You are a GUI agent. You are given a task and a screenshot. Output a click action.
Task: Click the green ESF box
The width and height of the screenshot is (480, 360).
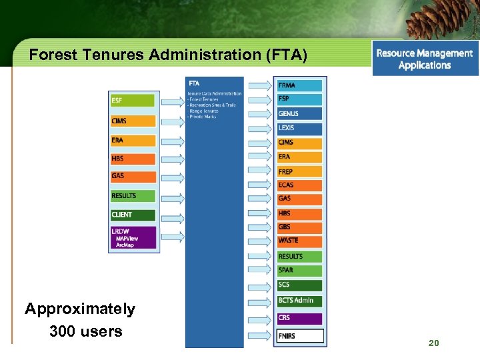[x=133, y=101]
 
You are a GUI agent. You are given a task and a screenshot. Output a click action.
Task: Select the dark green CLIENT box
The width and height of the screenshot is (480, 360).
[x=133, y=215]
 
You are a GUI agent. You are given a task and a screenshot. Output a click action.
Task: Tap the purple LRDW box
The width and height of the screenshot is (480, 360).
[x=133, y=238]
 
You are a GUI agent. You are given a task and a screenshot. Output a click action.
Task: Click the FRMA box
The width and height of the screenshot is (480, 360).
[x=299, y=85]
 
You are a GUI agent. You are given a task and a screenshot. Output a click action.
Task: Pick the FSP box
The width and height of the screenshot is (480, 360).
[x=299, y=99]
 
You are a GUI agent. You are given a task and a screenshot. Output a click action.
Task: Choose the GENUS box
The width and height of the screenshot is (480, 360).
[x=299, y=113]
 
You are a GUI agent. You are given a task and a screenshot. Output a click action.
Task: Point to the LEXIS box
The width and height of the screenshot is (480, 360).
[x=299, y=128]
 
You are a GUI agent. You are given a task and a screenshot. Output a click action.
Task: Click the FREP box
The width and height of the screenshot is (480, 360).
[x=299, y=172]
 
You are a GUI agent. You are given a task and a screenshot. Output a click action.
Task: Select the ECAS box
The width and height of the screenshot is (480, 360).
[x=299, y=185]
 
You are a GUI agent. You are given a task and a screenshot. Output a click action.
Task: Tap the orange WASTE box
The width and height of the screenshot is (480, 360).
[x=299, y=241]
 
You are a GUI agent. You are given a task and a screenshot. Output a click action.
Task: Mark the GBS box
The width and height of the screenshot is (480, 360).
[x=299, y=227]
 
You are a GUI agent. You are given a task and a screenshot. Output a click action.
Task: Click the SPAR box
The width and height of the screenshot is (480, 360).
[x=299, y=271]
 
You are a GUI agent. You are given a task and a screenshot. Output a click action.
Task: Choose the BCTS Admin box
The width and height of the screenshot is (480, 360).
[x=299, y=301]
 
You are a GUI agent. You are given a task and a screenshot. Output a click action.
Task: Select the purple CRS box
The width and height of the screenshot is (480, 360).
[x=299, y=318]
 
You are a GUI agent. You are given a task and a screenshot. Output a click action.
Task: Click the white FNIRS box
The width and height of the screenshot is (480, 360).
[x=299, y=336]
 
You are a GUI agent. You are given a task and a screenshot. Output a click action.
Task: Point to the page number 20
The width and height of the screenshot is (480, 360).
[x=434, y=343]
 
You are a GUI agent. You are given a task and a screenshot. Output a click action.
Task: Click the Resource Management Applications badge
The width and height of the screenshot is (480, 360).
[x=425, y=59]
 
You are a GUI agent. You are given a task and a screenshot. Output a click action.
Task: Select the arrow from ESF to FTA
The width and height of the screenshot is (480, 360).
[x=171, y=101]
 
